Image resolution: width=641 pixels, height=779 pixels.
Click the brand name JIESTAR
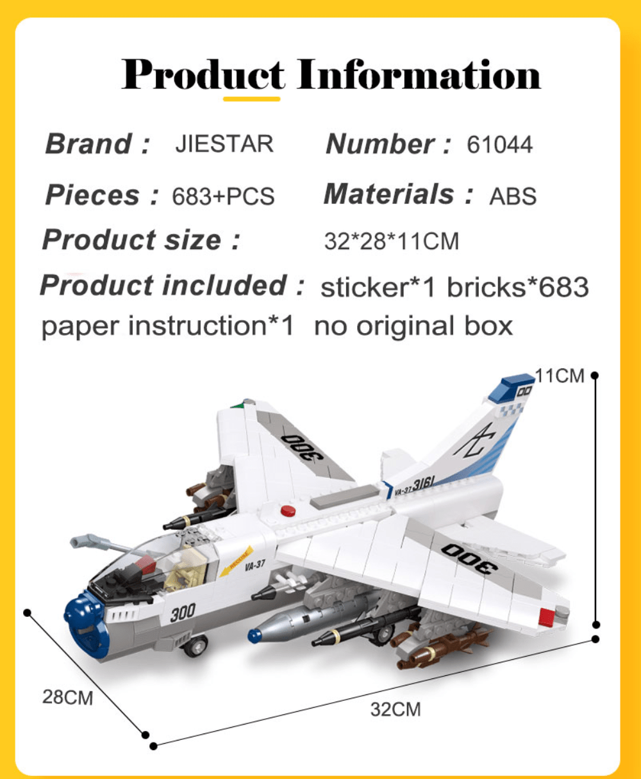(x=224, y=143)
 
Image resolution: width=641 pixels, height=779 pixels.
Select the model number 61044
(x=499, y=144)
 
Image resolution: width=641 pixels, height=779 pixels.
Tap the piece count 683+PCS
(x=223, y=196)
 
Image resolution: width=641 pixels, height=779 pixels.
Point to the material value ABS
(x=513, y=196)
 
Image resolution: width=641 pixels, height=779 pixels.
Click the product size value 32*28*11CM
(x=392, y=242)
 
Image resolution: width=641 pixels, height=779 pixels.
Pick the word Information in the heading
(x=419, y=74)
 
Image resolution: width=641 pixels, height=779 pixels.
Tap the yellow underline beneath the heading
(x=252, y=99)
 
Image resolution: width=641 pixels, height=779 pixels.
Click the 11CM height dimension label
(x=560, y=376)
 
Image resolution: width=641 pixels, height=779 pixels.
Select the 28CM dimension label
(x=68, y=698)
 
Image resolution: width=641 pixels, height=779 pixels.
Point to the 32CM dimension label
(x=395, y=710)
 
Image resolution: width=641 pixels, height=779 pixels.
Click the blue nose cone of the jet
(x=86, y=623)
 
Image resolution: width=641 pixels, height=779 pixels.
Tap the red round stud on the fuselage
(x=288, y=511)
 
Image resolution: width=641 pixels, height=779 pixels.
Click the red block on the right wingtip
(x=546, y=617)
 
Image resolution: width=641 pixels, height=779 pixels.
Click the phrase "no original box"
(x=413, y=326)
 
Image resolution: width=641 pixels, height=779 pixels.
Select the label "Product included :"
(x=172, y=285)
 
